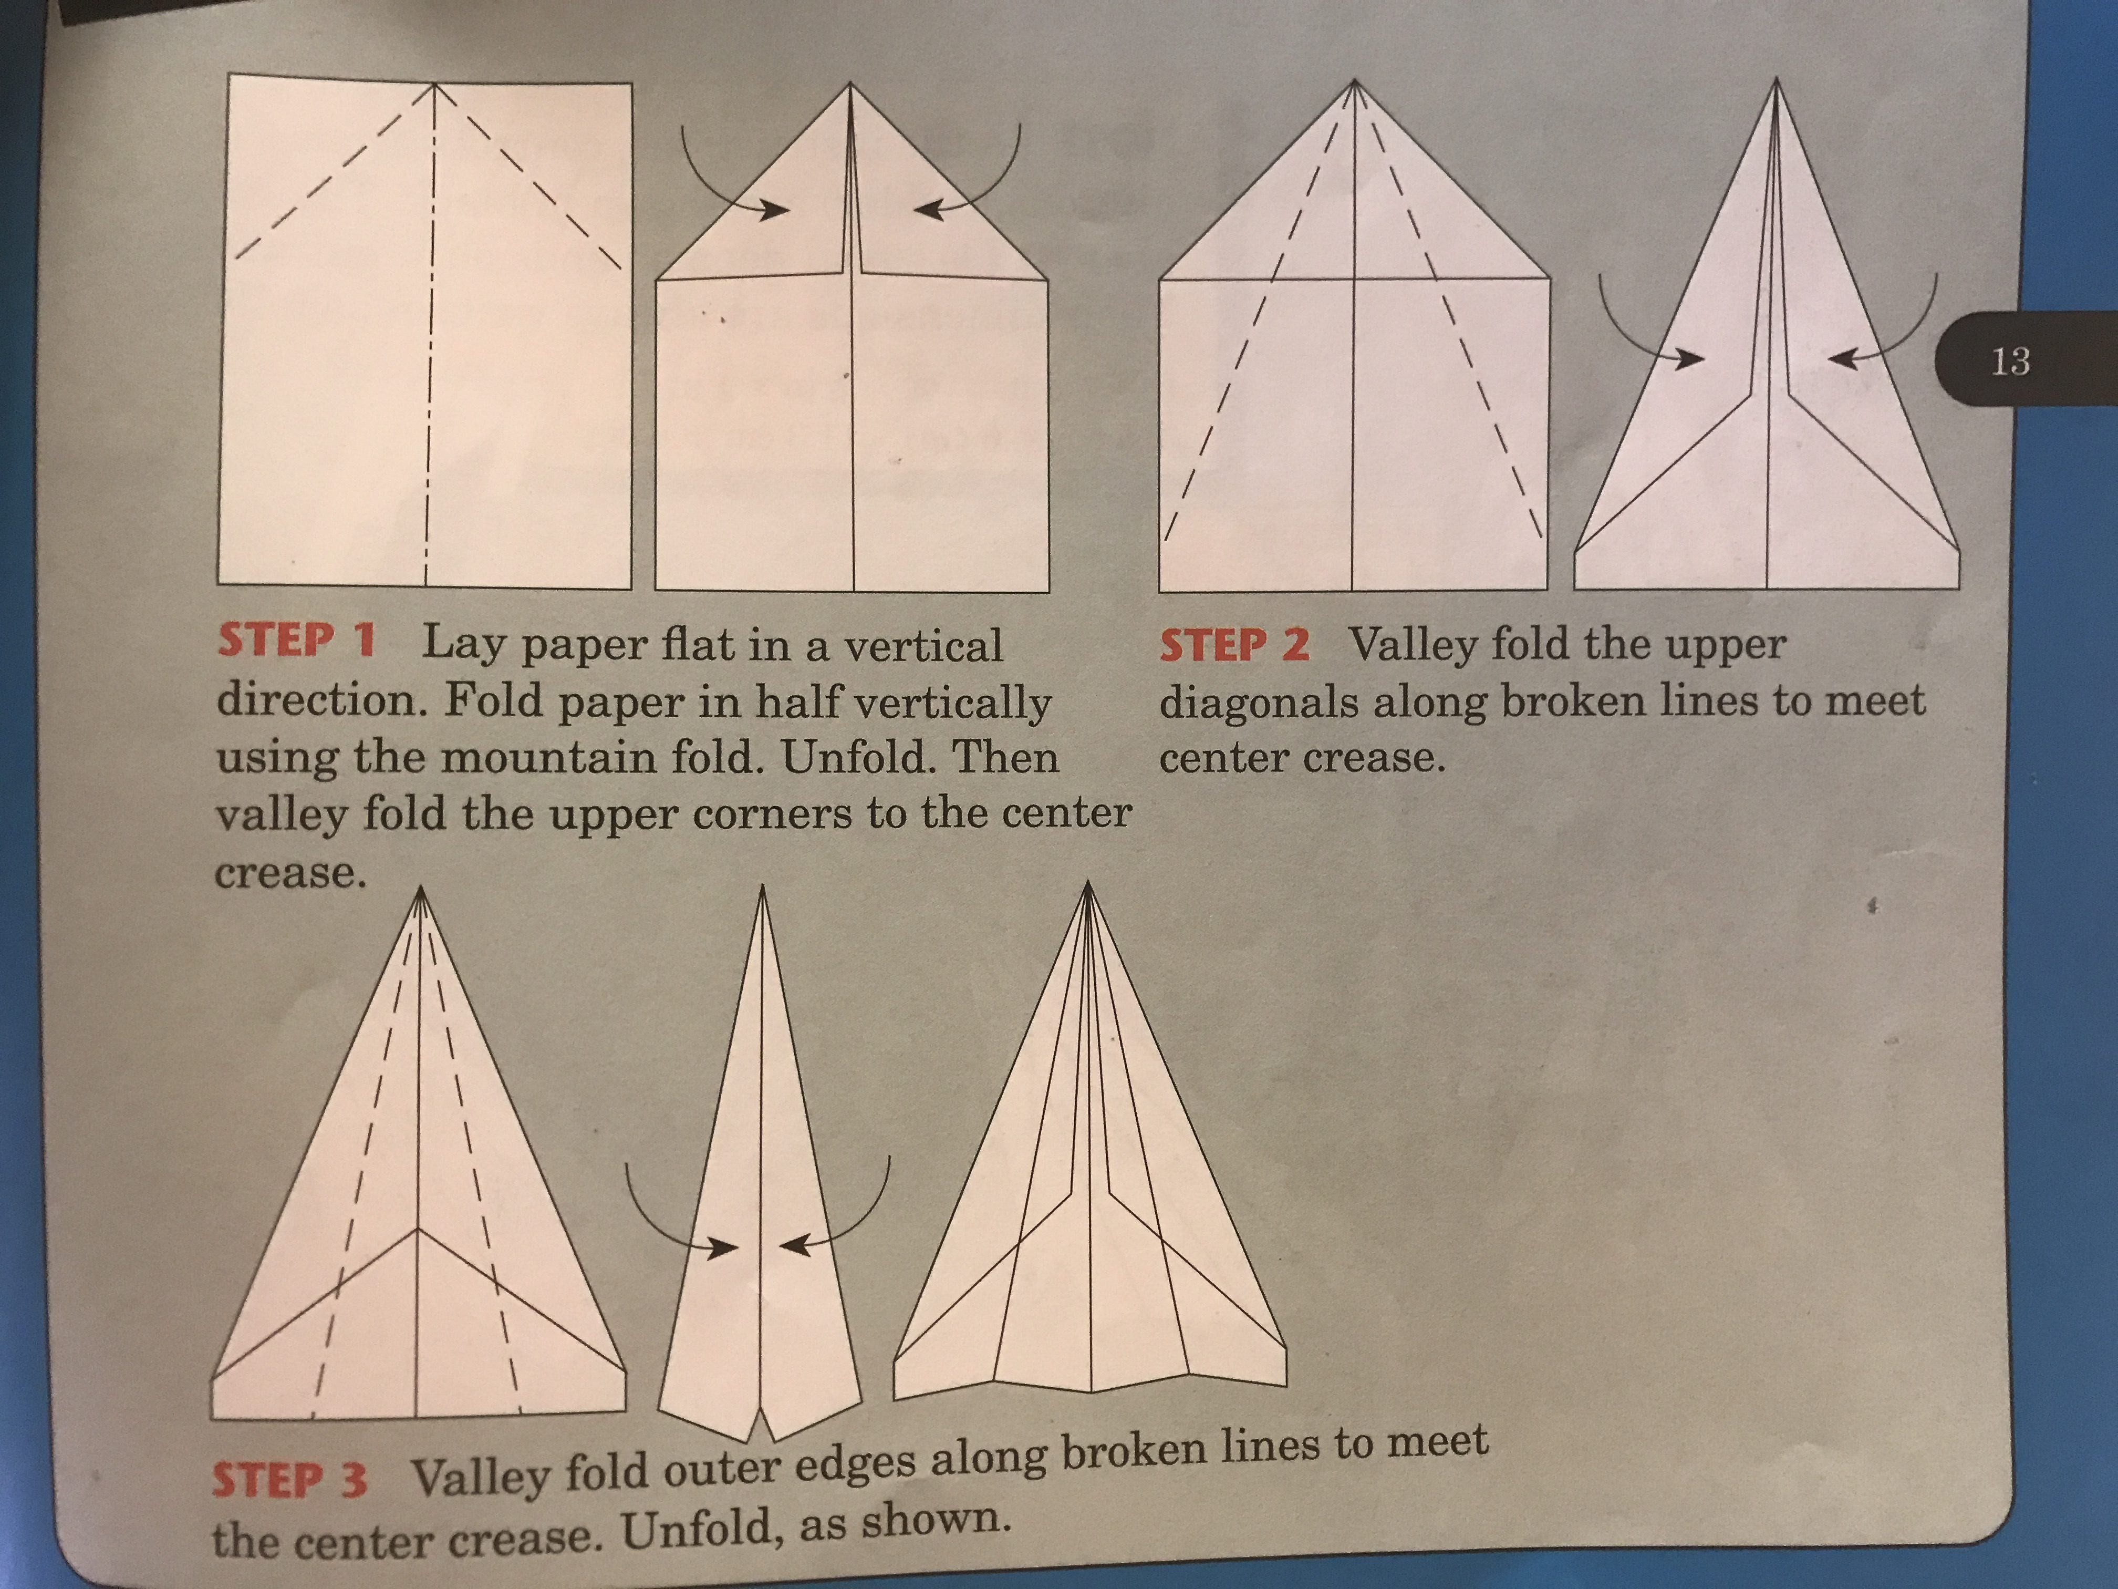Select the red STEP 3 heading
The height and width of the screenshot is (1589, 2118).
tap(289, 1481)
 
